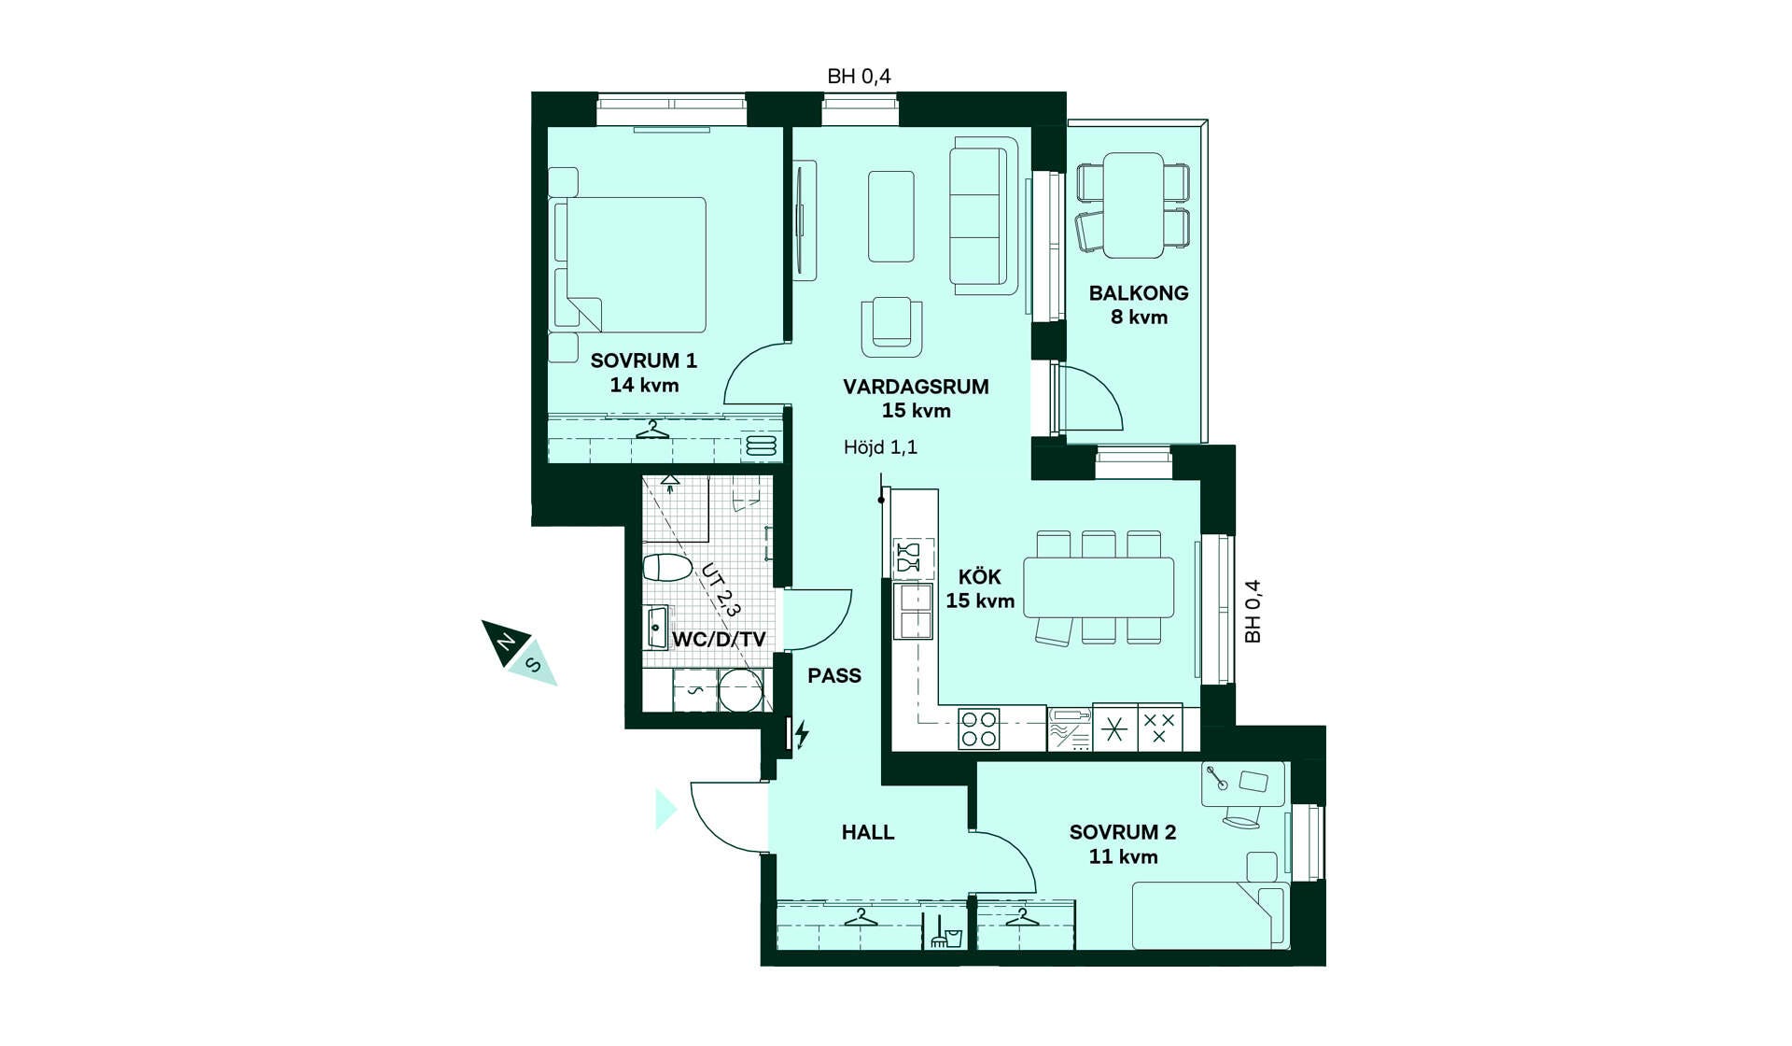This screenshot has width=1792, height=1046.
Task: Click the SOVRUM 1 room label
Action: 643,360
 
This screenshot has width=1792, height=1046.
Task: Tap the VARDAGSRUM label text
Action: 916,387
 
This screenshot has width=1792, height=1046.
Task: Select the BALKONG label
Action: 1139,293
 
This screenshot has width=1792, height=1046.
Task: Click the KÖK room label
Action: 979,577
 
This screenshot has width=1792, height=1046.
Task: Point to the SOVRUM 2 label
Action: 1123,832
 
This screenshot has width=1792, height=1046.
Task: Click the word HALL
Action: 868,832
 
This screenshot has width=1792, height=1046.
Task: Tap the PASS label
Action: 834,675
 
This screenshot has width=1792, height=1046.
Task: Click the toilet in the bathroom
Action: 667,567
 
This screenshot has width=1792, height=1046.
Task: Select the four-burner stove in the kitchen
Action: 979,728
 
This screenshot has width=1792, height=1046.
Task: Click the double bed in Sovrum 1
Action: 630,264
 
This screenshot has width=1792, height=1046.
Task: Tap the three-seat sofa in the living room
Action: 984,216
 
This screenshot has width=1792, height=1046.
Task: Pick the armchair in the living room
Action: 891,326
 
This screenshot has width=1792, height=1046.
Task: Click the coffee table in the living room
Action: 891,217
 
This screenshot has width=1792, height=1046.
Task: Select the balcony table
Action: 1133,205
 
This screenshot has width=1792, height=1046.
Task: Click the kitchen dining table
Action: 1099,587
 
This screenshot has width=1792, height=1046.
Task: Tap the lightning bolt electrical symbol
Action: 801,734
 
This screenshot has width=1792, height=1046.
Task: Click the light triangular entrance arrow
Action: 665,809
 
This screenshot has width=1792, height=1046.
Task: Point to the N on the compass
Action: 505,643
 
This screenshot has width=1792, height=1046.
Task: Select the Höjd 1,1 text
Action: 880,447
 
